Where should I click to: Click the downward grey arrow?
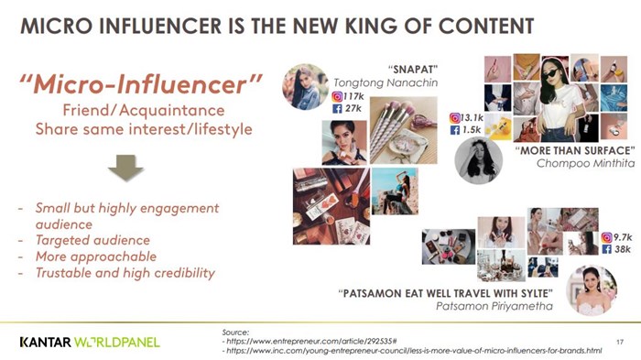point(125,168)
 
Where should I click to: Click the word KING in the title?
point(371,27)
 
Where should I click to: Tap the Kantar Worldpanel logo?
point(90,342)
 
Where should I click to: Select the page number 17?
point(620,342)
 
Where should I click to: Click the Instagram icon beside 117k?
point(337,96)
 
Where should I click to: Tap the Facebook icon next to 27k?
point(337,108)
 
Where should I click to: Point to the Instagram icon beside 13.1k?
point(454,118)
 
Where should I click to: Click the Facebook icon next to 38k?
point(606,249)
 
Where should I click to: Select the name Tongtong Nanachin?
point(386,83)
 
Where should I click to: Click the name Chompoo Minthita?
point(585,163)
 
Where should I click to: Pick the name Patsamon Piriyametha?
point(494,306)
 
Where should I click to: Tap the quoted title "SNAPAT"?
point(412,69)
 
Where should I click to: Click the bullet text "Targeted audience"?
point(92,240)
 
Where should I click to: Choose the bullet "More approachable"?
point(96,256)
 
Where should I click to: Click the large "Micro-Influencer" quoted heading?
point(141,84)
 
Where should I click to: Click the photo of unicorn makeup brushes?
point(404,130)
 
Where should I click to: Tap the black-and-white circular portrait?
point(478,160)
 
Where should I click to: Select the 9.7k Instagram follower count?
point(623,237)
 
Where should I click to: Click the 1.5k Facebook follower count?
point(472,130)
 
